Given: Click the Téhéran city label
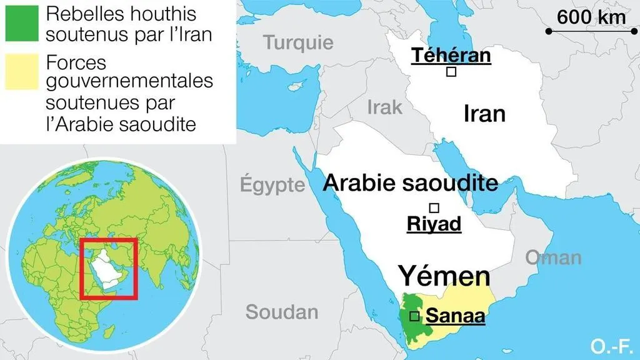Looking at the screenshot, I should pos(451,55).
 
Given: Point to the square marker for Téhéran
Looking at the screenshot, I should pos(451,72).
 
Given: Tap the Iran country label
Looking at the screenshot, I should pos(484,114).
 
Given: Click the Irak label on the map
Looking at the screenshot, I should pos(384,107).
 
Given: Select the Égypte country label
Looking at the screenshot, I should pos(273,185).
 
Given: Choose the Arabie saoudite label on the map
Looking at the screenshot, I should pos(411,183).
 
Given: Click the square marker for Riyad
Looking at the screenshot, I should pos(433,207).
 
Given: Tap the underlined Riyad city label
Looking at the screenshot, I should pos(434,224).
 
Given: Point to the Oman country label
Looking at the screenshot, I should pos(553,257).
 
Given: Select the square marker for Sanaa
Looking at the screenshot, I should pos(414,317).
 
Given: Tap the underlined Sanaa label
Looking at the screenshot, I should pos(456,317).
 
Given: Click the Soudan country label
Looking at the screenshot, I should pos(282,312).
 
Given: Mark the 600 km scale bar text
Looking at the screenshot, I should pos(591,17).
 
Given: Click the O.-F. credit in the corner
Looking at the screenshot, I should pos(612,344).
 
